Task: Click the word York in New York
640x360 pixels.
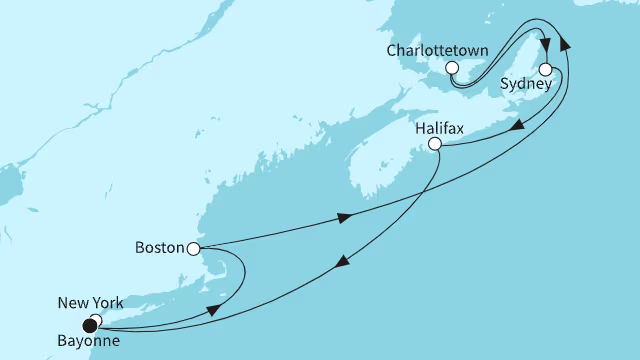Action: coord(102,301)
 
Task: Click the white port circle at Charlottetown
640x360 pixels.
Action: coord(452,68)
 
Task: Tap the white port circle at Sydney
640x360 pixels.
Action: coord(546,70)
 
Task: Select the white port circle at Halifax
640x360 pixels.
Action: coord(434,144)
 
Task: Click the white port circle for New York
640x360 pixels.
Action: coord(95,320)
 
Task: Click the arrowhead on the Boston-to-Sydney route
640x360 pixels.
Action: coord(346,218)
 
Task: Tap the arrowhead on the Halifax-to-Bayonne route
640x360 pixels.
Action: coord(343,264)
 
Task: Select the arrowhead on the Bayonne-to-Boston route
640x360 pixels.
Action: coord(213,311)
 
